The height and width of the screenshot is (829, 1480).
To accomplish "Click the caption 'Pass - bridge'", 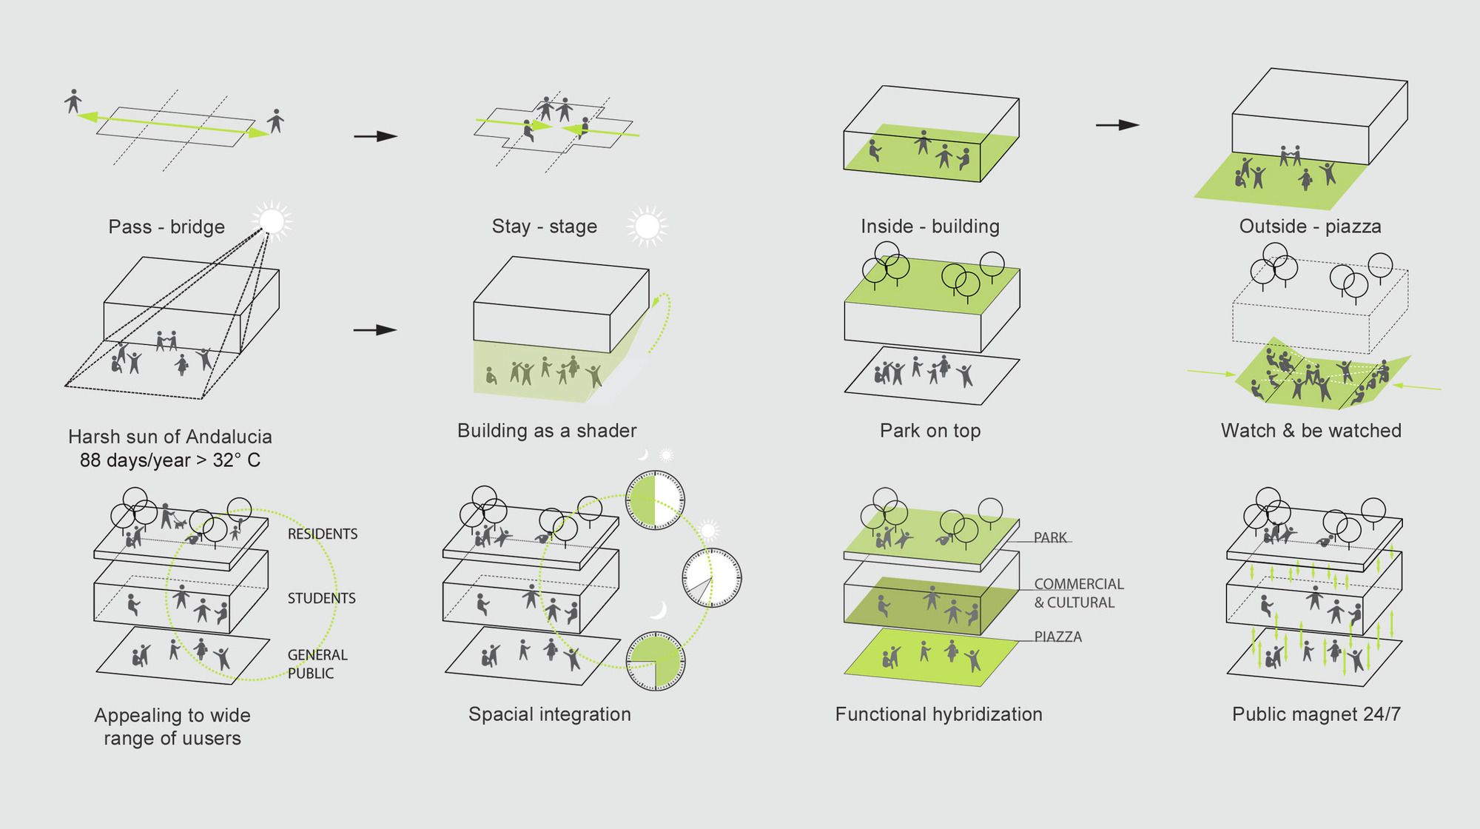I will [x=166, y=226].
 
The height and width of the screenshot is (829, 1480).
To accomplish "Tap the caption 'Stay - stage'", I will [x=544, y=226].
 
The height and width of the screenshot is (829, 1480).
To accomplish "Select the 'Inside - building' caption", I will [x=929, y=226].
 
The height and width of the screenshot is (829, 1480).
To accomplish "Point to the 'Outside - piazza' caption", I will [x=1310, y=226].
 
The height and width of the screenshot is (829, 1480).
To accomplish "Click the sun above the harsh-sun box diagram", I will [x=272, y=220].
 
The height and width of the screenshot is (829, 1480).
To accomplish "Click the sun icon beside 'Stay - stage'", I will [x=647, y=226].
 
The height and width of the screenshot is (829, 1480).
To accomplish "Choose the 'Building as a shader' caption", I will [x=547, y=431].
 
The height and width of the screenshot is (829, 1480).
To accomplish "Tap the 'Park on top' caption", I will [x=929, y=431].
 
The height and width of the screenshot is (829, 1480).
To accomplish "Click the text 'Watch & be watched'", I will [x=1311, y=431].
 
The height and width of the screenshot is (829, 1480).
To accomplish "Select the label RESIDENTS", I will [x=322, y=534].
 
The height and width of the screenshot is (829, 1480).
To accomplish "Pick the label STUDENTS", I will [x=321, y=598].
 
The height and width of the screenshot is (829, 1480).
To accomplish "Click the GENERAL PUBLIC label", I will [x=317, y=664].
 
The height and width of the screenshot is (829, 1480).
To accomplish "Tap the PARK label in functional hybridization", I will [x=1050, y=537].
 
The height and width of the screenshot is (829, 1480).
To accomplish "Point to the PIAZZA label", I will [x=1057, y=637].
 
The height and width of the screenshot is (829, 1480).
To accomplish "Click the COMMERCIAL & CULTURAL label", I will [x=1078, y=594].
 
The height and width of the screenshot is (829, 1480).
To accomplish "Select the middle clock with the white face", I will [x=711, y=577].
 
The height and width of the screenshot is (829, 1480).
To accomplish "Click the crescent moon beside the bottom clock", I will [x=659, y=610].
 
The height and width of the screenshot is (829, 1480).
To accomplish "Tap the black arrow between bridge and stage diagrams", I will [x=376, y=136].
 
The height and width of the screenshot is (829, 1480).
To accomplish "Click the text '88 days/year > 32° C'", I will [x=169, y=460].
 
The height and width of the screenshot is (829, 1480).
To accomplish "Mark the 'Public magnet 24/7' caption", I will [x=1316, y=714].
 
